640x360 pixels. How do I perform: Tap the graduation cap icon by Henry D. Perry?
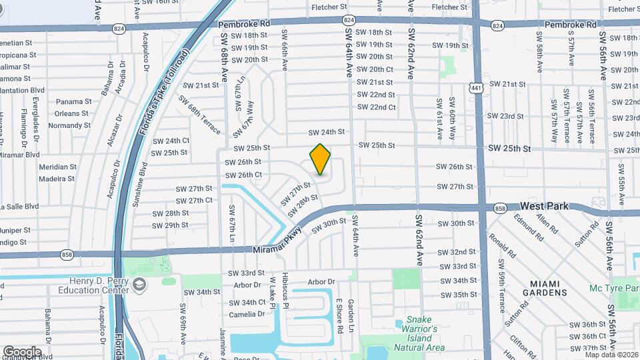pyautogui.click(x=139, y=285)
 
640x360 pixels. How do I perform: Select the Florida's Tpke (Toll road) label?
pyautogui.click(x=163, y=93)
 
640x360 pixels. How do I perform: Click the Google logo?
pyautogui.click(x=22, y=351)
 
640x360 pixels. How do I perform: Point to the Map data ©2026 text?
pyautogui.click(x=612, y=355)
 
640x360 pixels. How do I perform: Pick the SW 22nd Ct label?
pyautogui.click(x=376, y=107)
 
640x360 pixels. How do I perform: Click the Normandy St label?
pyautogui.click(x=69, y=125)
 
